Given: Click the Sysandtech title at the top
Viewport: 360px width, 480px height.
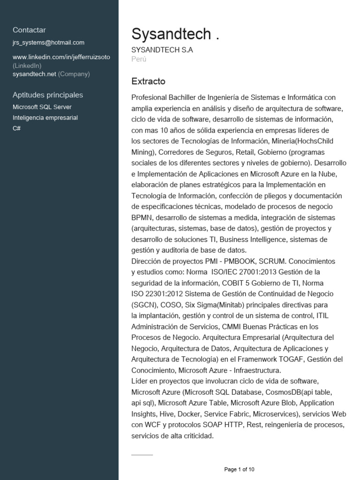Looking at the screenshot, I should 175,34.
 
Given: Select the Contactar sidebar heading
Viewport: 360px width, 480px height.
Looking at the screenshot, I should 29,30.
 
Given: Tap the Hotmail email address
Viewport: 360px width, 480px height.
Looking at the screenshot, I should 48,43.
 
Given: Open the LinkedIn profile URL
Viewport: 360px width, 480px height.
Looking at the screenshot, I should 61,57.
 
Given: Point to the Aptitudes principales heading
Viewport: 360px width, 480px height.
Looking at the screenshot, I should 48,95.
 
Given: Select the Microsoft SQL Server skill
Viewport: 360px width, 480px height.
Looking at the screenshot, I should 42,107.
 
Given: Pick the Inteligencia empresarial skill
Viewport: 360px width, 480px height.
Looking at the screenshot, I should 45,118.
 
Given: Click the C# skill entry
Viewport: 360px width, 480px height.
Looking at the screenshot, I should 17,128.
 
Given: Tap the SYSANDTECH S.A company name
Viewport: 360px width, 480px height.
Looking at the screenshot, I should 162,50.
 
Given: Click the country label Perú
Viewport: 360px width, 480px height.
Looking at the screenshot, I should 139,59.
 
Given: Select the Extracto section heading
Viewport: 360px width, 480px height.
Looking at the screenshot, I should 148,82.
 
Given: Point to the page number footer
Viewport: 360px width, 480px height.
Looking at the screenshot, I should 239,469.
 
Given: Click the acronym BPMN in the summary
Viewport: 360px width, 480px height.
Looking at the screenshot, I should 141,217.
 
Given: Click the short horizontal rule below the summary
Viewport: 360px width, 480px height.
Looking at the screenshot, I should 142,455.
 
